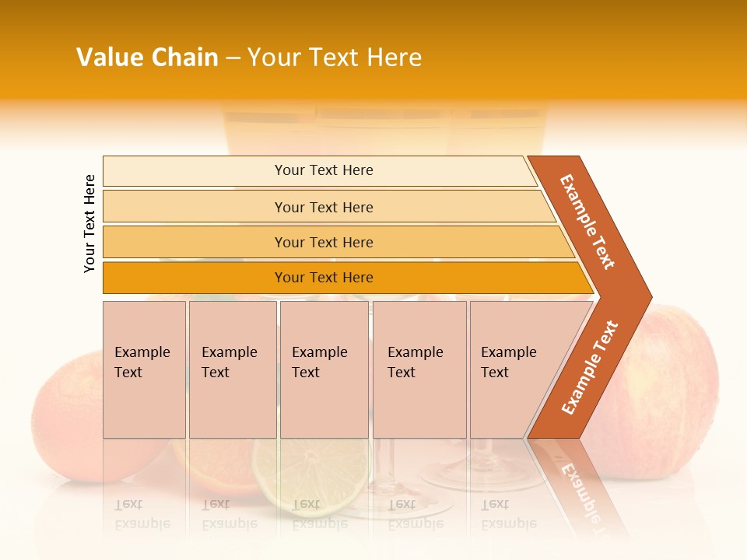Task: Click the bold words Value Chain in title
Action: pos(147,58)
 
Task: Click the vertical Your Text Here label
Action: pos(90,223)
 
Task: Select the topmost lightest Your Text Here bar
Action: pos(323,170)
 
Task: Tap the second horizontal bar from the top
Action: pos(323,207)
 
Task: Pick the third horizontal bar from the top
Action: pos(323,242)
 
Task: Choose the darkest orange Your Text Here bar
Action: pos(323,278)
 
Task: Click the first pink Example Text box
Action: pos(144,369)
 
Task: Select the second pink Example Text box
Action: pos(232,369)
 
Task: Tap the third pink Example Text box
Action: pos(324,369)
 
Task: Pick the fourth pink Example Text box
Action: pos(419,369)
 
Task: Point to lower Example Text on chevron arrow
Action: pos(590,368)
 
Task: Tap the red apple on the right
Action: pos(669,389)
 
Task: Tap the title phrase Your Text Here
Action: pos(335,58)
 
